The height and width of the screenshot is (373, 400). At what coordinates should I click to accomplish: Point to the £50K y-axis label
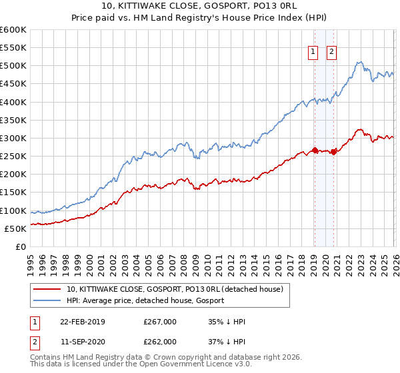click(15, 228)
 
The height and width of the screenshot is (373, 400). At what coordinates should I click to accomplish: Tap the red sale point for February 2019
click(314, 150)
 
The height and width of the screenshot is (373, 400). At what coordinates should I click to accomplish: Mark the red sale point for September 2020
click(333, 151)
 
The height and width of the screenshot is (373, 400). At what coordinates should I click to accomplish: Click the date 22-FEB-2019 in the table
click(82, 322)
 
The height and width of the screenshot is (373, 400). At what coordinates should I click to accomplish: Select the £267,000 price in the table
click(160, 322)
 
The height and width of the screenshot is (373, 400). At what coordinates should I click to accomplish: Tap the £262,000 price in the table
click(160, 341)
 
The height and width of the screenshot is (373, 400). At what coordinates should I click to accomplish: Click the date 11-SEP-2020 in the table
click(82, 341)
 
